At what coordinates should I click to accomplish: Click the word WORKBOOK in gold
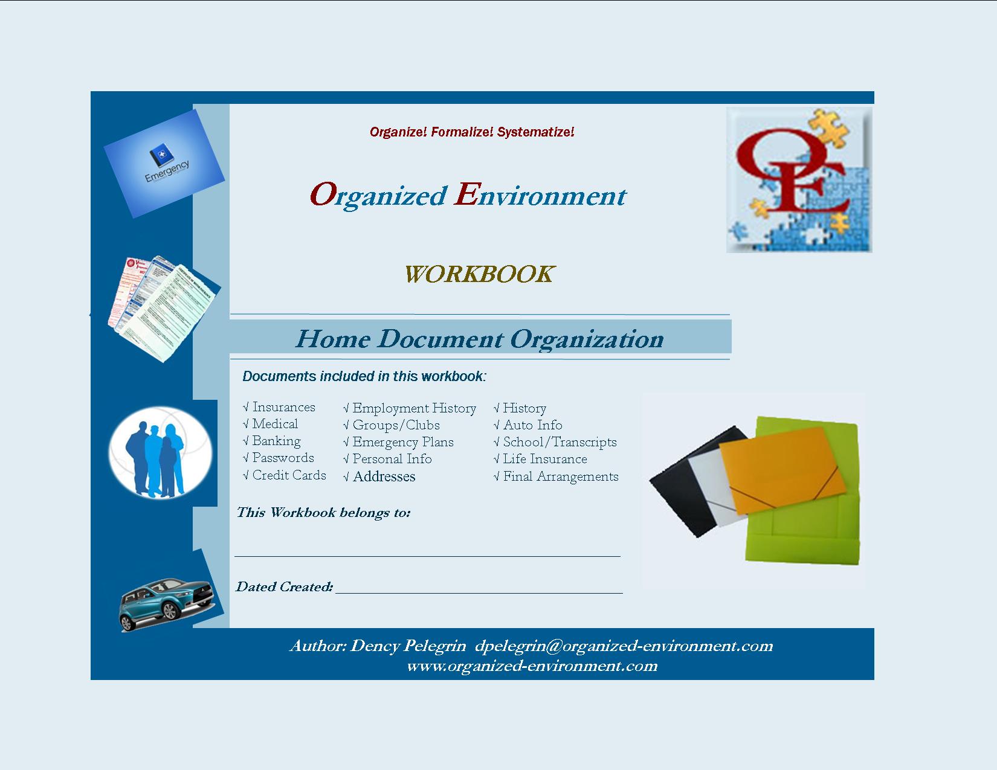[x=479, y=274]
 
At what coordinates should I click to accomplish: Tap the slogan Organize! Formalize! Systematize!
[x=472, y=132]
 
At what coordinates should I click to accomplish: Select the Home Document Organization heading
[x=479, y=339]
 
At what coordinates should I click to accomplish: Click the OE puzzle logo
[x=799, y=180]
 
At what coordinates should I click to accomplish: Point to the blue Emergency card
[x=164, y=163]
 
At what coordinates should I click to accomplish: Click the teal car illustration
[x=166, y=603]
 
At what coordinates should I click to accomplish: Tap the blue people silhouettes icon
[x=161, y=453]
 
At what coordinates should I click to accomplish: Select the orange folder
[x=782, y=470]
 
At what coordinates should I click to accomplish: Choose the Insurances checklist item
[x=279, y=407]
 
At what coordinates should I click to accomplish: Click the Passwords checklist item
[x=279, y=458]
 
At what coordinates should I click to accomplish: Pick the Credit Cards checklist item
[x=285, y=475]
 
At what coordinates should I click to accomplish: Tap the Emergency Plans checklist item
[x=398, y=442]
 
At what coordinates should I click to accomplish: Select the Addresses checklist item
[x=379, y=476]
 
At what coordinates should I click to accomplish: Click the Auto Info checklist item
[x=528, y=425]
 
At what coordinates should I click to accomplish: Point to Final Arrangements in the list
[x=556, y=476]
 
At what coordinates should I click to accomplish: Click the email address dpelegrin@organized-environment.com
[x=624, y=646]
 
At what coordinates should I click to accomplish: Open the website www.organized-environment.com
[x=532, y=666]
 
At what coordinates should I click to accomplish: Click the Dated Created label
[x=285, y=586]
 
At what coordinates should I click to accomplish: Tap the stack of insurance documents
[x=164, y=309]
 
